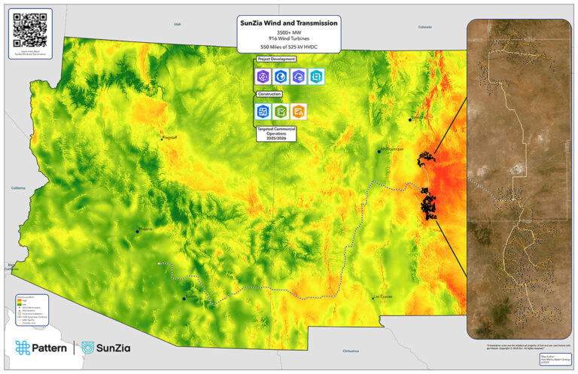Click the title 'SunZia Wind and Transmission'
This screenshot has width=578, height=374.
point(288,23)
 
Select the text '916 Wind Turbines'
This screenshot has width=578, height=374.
point(288,41)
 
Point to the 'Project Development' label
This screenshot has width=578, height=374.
point(275,59)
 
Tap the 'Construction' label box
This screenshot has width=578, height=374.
point(269,94)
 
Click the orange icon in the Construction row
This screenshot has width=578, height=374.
point(298,111)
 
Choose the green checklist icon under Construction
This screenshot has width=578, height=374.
point(280,111)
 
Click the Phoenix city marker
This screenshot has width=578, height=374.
point(137,230)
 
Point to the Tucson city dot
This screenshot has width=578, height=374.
point(184,298)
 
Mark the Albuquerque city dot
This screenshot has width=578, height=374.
point(379,151)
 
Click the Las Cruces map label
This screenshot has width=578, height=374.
point(382,296)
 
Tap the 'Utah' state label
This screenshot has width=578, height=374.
point(178,24)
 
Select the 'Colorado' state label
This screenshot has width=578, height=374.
point(425,27)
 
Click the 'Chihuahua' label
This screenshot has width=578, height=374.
point(351,351)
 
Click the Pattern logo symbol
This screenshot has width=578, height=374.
point(23,348)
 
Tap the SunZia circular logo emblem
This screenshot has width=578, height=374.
point(89,348)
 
